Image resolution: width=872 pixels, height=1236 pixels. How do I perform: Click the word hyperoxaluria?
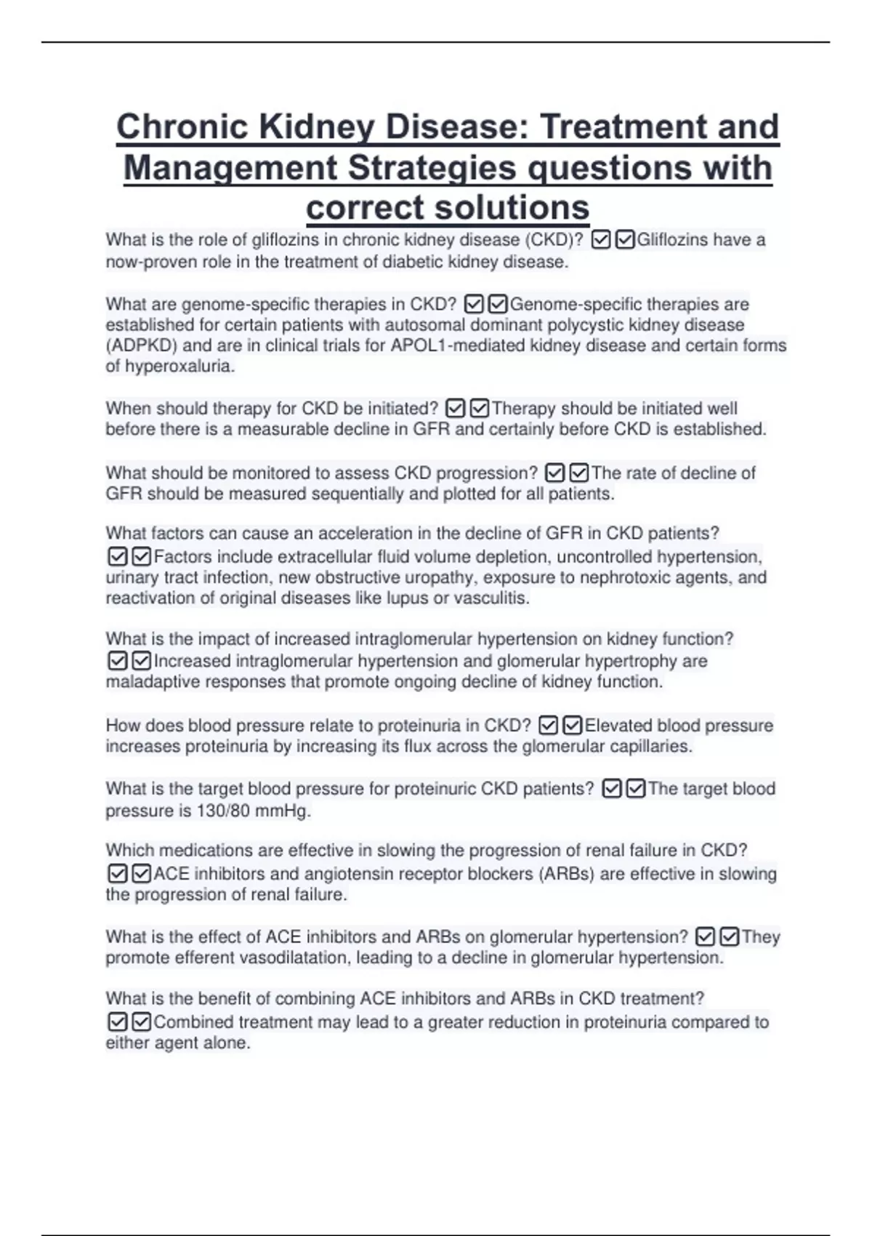pos(179,366)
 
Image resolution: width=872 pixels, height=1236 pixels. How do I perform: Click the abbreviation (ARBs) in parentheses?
pos(566,874)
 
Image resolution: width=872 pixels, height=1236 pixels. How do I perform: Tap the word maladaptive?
pos(153,682)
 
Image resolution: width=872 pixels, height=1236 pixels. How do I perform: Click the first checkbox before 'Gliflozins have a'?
pos(601,240)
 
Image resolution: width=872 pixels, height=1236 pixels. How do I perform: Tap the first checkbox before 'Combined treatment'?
pos(118,1022)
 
